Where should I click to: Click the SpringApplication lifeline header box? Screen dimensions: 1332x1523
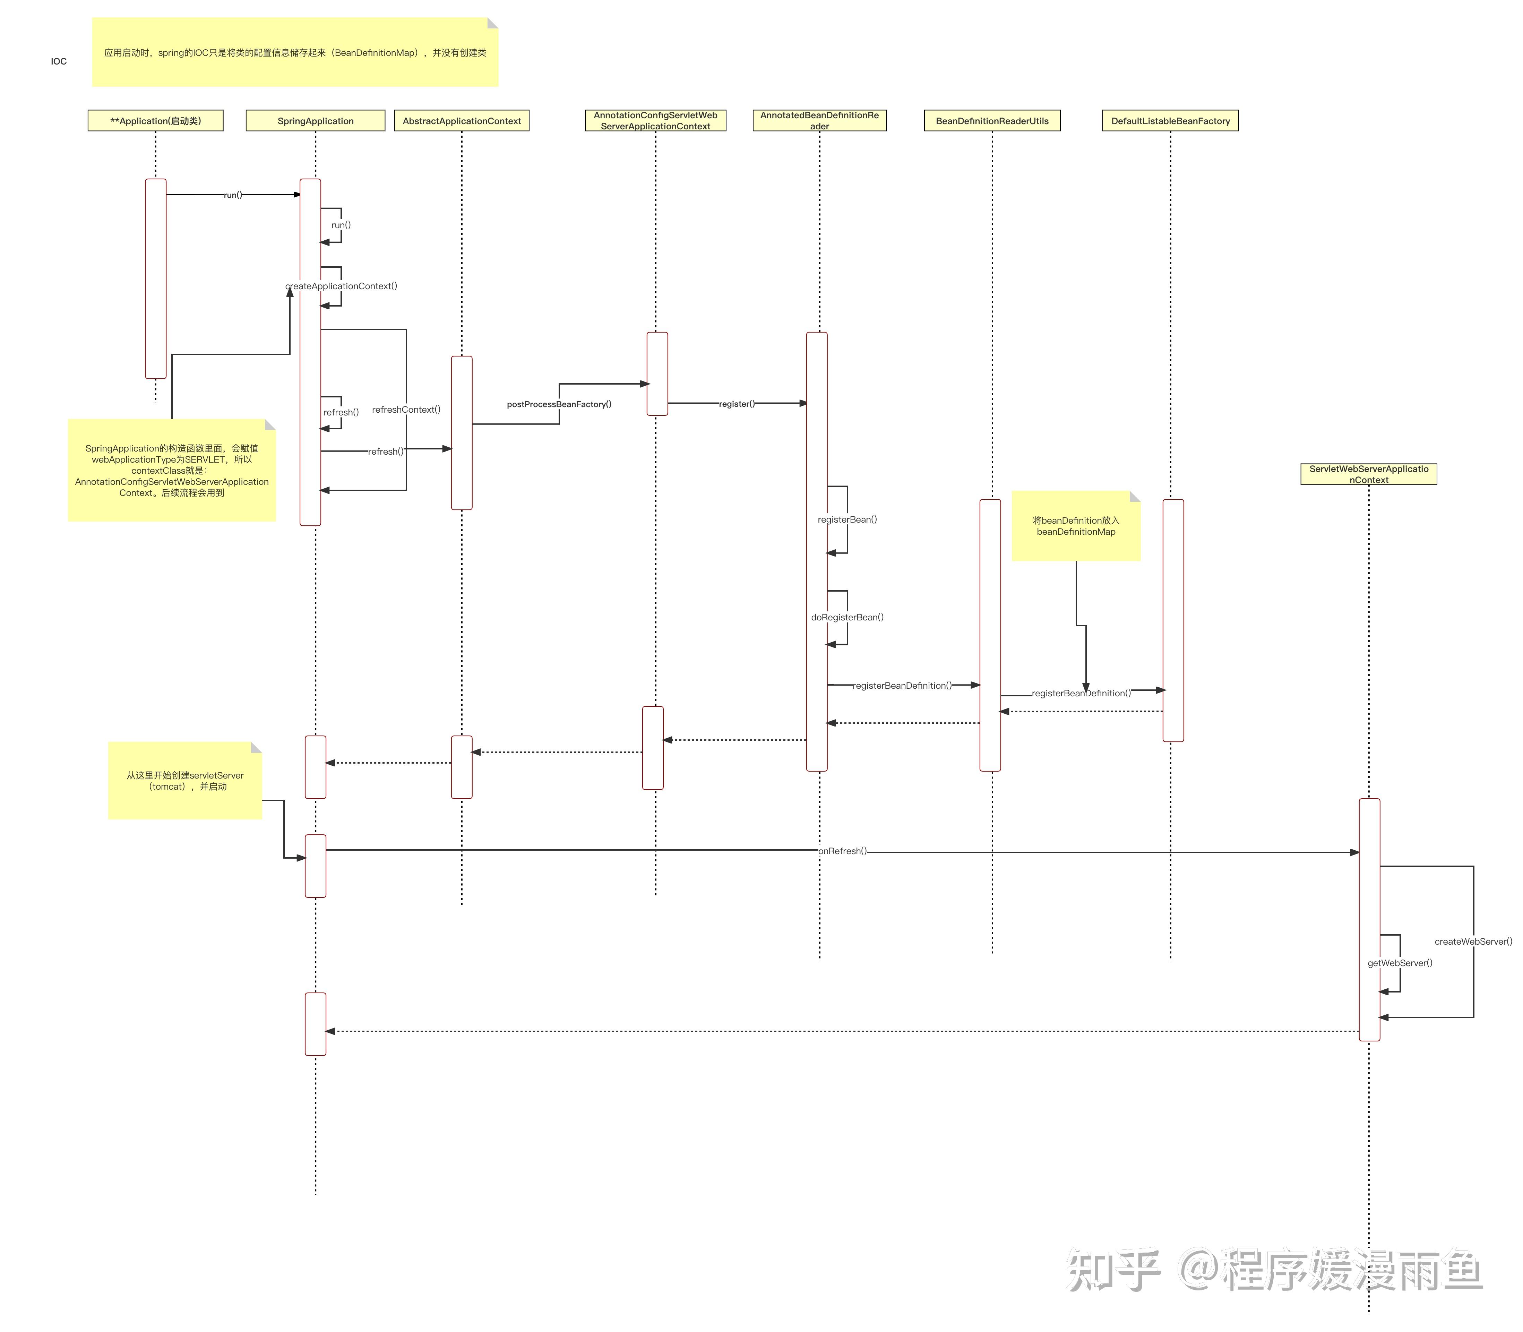[x=315, y=120]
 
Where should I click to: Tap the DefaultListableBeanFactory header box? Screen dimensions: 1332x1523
[x=1170, y=120]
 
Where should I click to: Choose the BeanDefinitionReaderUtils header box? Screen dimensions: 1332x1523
[x=991, y=120]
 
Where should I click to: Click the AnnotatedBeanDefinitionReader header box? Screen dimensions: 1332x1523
[x=819, y=120]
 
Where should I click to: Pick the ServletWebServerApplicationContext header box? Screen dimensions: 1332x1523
[x=1368, y=474]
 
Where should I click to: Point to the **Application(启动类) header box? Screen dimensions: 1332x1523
[x=155, y=120]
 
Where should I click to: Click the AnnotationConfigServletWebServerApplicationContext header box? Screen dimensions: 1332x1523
[x=655, y=120]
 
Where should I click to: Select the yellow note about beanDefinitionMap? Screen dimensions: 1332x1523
[x=1076, y=526]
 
